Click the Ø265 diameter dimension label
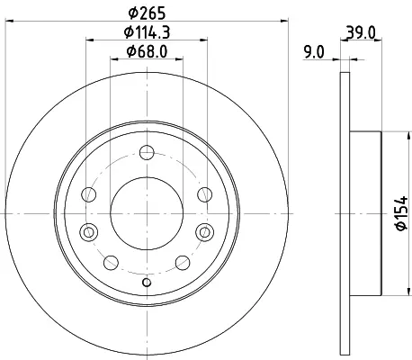pos(147,13)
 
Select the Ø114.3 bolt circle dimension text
pos(147,32)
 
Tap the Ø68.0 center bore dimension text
pos(147,51)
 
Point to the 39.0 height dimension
pos(361,32)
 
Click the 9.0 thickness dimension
pos(314,52)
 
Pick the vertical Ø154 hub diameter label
pos(401,213)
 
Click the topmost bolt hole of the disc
pos(147,152)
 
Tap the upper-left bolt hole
pos(89,194)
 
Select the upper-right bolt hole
pos(205,194)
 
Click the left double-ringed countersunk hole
pos(89,232)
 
